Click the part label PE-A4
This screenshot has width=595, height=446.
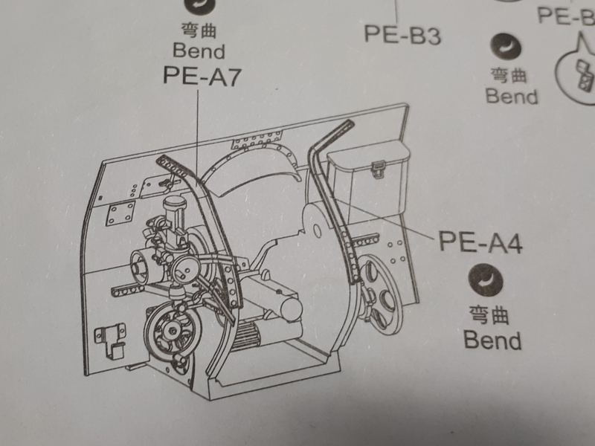click(x=480, y=242)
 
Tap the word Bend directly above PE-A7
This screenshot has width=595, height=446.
click(x=199, y=51)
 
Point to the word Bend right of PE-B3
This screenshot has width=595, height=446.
click(x=511, y=96)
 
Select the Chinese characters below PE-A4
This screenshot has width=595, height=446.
click(x=491, y=315)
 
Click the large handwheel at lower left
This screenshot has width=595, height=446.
click(x=173, y=332)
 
